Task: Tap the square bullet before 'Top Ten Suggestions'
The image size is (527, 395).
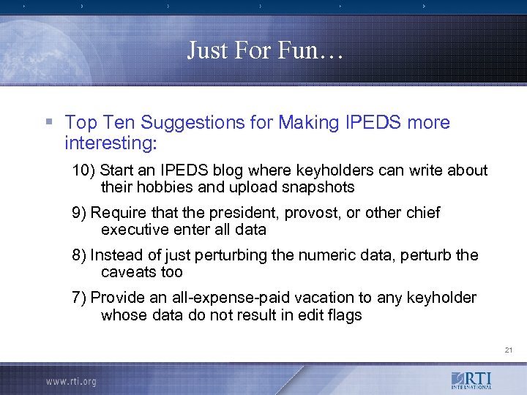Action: coord(48,122)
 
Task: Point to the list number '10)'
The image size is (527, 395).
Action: coord(83,170)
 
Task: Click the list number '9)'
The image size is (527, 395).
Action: coord(79,213)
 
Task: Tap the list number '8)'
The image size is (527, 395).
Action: coord(79,255)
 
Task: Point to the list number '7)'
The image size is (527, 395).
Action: coord(79,298)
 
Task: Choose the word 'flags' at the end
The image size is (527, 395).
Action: coord(344,315)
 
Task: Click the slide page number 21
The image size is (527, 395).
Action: coord(508,350)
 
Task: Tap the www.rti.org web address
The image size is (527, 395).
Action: coord(71,381)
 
